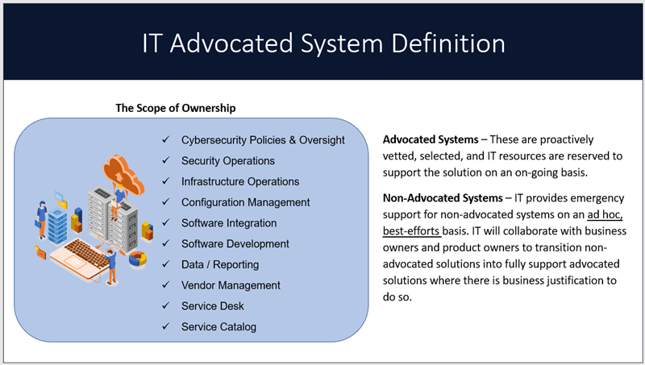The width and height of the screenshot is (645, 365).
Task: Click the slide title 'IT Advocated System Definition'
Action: tap(323, 44)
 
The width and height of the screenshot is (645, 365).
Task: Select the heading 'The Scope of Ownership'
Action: tap(176, 108)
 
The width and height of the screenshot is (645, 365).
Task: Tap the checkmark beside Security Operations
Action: tap(166, 160)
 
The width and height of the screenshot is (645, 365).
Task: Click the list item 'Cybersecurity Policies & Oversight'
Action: tap(263, 140)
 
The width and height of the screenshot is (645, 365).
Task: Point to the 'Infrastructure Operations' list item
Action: tap(240, 181)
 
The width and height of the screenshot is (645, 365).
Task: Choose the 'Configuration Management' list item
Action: tap(246, 202)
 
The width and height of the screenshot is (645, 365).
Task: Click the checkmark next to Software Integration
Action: tap(166, 222)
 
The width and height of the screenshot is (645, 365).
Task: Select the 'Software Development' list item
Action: tap(235, 244)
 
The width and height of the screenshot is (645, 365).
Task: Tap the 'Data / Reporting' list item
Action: tap(220, 265)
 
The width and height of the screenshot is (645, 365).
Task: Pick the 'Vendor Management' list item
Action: tap(231, 285)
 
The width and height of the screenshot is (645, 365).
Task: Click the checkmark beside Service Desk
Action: tap(166, 305)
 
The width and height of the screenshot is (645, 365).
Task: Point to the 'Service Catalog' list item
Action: tap(218, 327)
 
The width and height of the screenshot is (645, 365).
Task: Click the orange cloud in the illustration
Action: tap(123, 173)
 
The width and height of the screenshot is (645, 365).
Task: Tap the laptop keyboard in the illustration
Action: tap(85, 251)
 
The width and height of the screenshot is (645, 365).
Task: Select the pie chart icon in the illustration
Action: tap(138, 259)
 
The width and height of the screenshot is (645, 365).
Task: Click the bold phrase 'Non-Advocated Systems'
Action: tap(443, 198)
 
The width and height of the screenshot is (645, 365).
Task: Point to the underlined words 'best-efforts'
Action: tap(411, 231)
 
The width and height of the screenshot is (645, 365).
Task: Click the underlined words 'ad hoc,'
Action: tap(605, 214)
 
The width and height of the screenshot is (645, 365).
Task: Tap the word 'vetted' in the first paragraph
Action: tap(397, 156)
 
